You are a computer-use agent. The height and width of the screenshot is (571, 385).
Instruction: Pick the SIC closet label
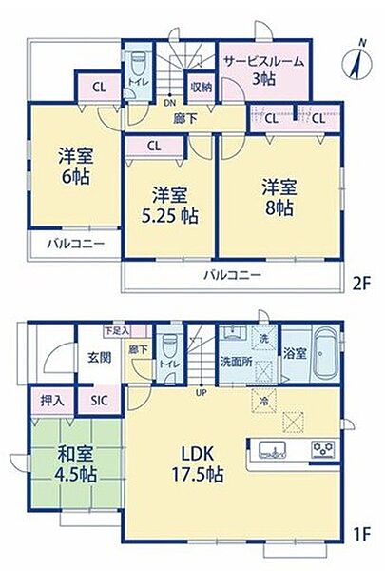point(100,401)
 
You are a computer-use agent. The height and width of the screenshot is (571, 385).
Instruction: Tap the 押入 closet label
point(52,401)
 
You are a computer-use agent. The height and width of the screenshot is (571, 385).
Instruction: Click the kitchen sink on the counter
point(266,448)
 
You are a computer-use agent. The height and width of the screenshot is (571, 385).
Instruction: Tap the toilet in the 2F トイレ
point(138,66)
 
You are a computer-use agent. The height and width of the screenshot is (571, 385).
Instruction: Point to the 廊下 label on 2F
point(184,119)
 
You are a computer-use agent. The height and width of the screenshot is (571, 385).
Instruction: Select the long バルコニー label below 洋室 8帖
point(231,276)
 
